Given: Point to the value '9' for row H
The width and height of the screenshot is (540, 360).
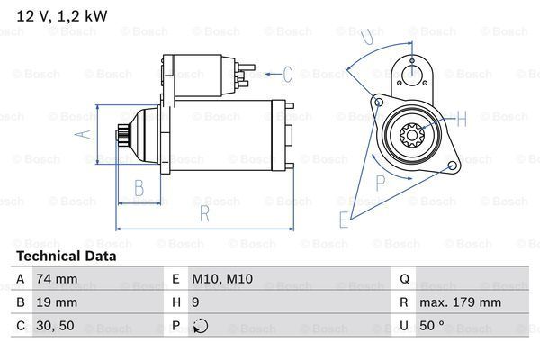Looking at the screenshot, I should (195, 302).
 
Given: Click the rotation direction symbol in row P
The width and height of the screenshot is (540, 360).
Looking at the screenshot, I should (199, 326).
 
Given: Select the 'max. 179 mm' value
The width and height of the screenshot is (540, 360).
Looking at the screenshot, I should (463, 302).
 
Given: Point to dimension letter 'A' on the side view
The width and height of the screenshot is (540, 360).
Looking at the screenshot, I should (77, 136).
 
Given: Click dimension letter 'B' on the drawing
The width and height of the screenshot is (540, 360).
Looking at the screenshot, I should (139, 187).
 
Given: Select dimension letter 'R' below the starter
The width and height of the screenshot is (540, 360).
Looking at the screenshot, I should (205, 213).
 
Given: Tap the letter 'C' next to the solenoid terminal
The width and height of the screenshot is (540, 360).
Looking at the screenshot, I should (287, 74).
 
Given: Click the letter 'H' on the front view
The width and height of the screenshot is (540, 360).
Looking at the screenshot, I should (461, 119).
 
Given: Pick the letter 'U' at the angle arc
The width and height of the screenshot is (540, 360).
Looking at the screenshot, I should (366, 38).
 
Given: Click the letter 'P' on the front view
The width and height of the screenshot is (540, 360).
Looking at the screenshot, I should (380, 183).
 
